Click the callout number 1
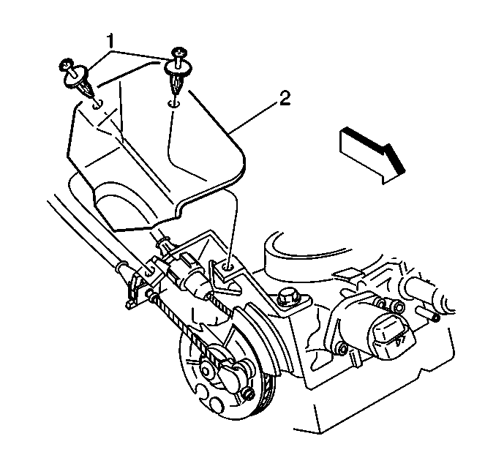110,42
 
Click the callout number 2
283,98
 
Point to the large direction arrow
372,155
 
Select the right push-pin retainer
178,72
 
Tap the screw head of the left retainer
66,65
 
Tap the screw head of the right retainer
179,52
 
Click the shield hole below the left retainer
97,105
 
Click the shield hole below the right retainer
173,104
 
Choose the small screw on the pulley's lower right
248,394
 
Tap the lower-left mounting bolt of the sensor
342,348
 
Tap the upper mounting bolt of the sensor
398,307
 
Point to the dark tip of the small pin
436,317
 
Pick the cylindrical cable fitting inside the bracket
195,282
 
